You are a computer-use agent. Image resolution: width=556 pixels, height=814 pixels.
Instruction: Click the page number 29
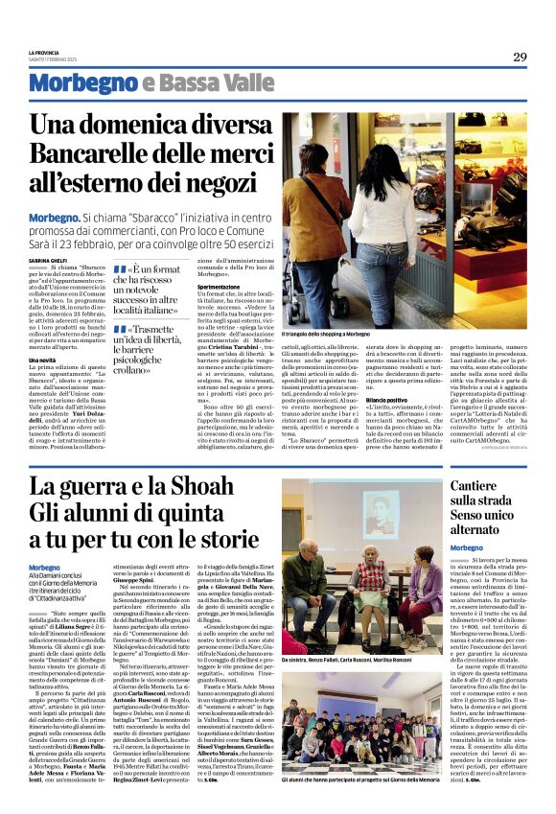pyautogui.click(x=520, y=57)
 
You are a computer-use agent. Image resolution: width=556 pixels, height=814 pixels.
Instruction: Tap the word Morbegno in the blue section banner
pyautogui.click(x=82, y=83)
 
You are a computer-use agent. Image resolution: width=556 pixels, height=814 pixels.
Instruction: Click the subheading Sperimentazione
pyautogui.click(x=219, y=286)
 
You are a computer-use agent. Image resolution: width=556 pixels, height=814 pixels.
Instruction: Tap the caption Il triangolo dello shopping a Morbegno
pyautogui.click(x=326, y=334)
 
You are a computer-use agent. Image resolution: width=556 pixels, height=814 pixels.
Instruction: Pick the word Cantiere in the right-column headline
pyautogui.click(x=475, y=486)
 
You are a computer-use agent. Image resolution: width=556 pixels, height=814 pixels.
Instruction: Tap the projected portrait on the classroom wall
pyautogui.click(x=382, y=513)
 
